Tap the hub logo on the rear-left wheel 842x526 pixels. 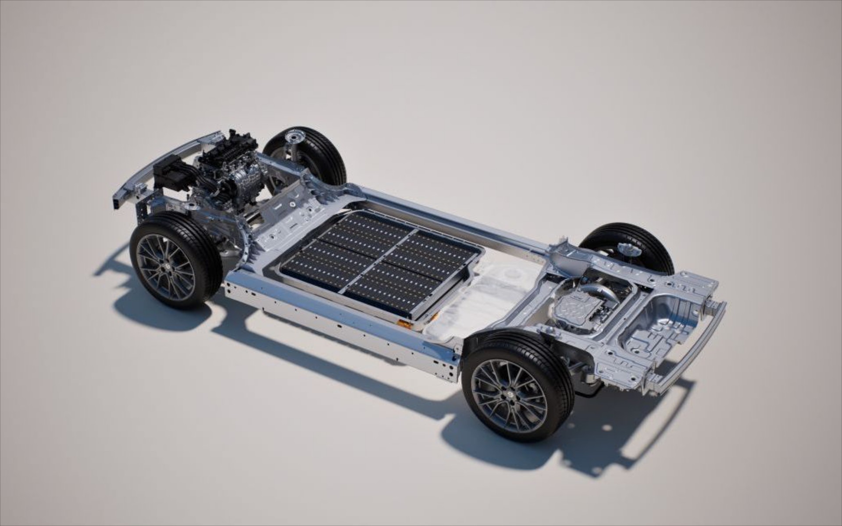(x=510, y=396)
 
